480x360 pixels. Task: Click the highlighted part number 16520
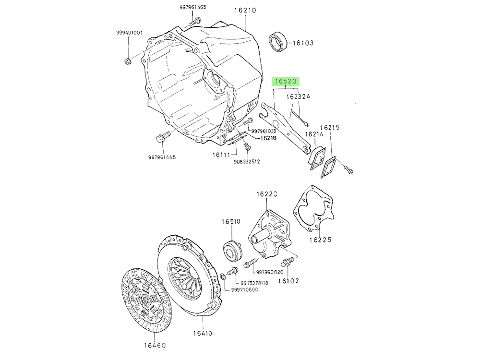pyautogui.click(x=286, y=82)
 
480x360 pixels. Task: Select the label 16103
pyautogui.click(x=303, y=43)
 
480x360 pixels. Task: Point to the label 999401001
pyautogui.click(x=130, y=33)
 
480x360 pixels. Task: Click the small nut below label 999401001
pyautogui.click(x=128, y=60)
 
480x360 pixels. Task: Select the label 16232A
pyautogui.click(x=299, y=96)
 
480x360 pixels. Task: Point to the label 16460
pyautogui.click(x=155, y=345)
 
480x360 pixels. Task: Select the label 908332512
pyautogui.click(x=247, y=162)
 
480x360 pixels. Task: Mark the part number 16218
pyautogui.click(x=268, y=138)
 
